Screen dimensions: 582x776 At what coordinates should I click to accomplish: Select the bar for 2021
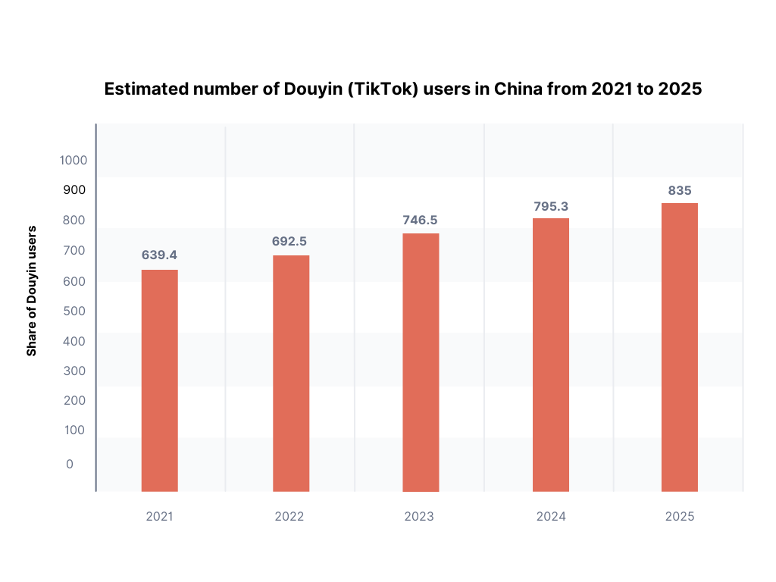[x=159, y=380]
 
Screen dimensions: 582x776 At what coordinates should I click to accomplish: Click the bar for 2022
[x=291, y=373]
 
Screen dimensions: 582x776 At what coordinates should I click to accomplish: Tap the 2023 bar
[x=421, y=362]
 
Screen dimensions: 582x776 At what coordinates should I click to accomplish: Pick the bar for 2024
[x=551, y=355]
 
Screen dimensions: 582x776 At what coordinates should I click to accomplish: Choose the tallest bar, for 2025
[x=680, y=347]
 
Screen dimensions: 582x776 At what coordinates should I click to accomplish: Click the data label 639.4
[x=159, y=255]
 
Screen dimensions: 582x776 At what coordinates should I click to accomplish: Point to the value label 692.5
[x=289, y=241]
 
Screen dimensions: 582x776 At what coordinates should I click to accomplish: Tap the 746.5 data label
[x=420, y=220]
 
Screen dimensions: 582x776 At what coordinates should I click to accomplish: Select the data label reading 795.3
[x=551, y=205]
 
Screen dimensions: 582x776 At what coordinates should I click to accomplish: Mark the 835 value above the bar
[x=680, y=190]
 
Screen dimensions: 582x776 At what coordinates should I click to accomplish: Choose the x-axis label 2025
[x=680, y=517]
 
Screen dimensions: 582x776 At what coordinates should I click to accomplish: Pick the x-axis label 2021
[x=159, y=517]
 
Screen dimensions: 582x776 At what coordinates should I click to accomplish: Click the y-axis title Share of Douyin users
[x=32, y=290]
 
